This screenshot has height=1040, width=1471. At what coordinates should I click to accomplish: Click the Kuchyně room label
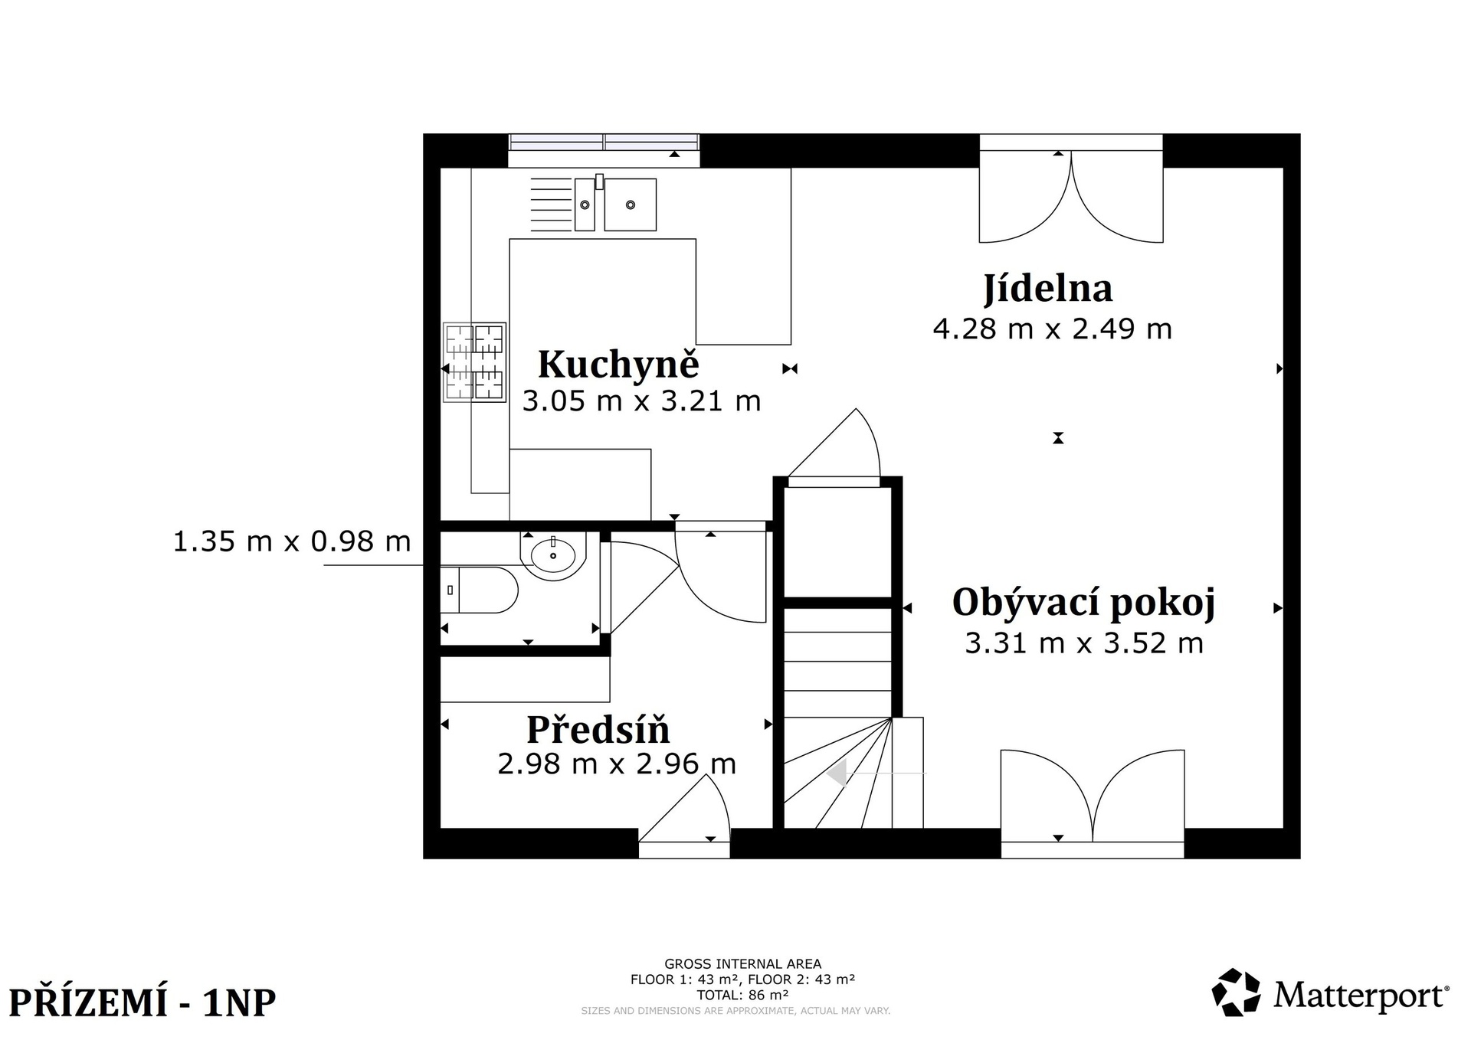[x=618, y=365]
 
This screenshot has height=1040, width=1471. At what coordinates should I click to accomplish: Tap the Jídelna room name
[x=1048, y=289]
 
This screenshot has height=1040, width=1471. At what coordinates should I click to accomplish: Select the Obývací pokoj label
[x=1083, y=603]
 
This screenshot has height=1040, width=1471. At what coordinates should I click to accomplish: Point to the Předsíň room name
[x=598, y=729]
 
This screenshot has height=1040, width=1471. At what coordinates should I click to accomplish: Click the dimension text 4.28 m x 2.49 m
[x=1052, y=329]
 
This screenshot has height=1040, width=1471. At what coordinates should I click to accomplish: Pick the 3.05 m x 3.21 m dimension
[x=641, y=401]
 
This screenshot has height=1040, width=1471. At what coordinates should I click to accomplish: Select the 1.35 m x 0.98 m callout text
[x=292, y=542]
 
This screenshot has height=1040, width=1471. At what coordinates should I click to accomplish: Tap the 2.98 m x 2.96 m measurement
[x=617, y=764]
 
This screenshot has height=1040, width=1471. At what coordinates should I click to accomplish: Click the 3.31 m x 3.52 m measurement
[x=1084, y=643]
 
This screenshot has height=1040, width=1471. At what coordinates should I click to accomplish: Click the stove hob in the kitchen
[x=474, y=361]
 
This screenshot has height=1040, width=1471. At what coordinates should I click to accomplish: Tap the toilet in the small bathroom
[x=480, y=590]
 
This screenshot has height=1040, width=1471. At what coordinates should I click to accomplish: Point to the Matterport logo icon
[x=1236, y=993]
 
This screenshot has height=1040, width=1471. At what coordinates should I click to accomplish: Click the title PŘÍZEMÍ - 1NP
[x=142, y=1002]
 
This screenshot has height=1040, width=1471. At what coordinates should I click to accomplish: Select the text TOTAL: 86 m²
[x=742, y=996]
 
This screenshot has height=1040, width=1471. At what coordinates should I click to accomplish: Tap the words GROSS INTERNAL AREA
[x=742, y=964]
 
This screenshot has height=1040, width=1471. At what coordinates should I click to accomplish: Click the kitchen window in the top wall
[x=604, y=142]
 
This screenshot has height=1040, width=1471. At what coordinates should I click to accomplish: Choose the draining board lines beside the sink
[x=552, y=204]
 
